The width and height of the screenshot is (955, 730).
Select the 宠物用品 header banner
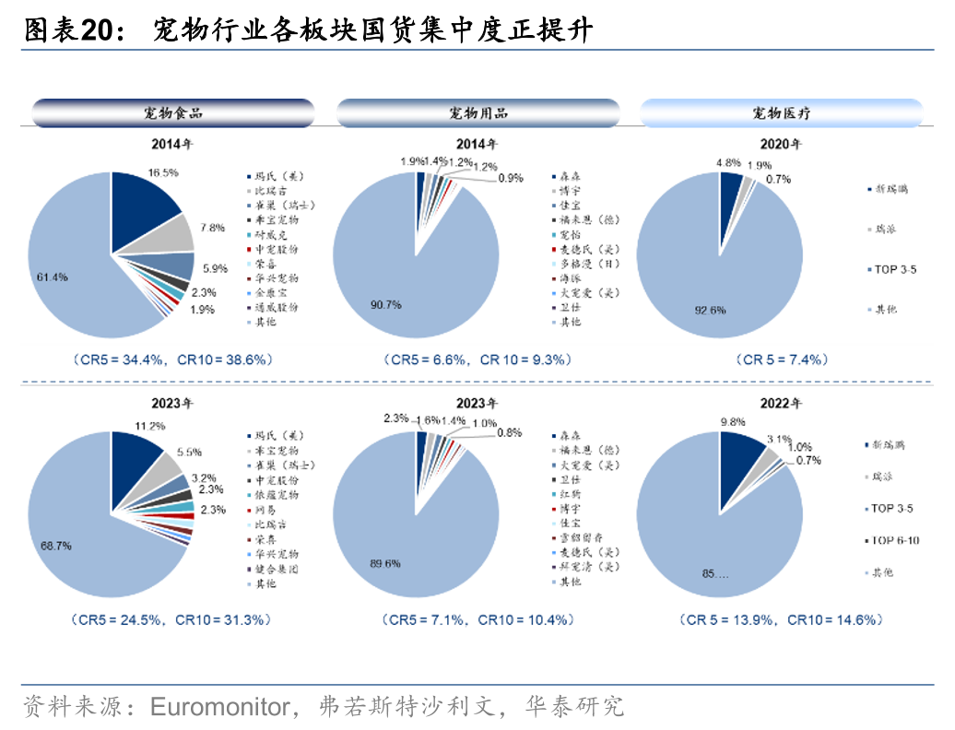tap(477, 113)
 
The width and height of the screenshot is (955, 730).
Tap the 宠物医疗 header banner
tap(782, 113)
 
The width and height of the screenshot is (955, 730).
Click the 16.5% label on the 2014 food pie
tap(163, 172)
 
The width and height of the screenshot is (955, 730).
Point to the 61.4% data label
tap(52, 277)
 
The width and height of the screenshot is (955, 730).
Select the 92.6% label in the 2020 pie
tap(710, 310)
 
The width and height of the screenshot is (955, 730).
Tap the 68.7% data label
tap(55, 546)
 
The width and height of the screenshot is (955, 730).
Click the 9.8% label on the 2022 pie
tap(734, 422)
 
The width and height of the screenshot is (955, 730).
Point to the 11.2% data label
tap(149, 426)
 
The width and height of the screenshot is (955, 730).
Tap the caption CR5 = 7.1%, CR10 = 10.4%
tap(477, 619)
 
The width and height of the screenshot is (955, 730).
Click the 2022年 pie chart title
tap(781, 404)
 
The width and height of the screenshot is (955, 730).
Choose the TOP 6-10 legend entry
tap(894, 540)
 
